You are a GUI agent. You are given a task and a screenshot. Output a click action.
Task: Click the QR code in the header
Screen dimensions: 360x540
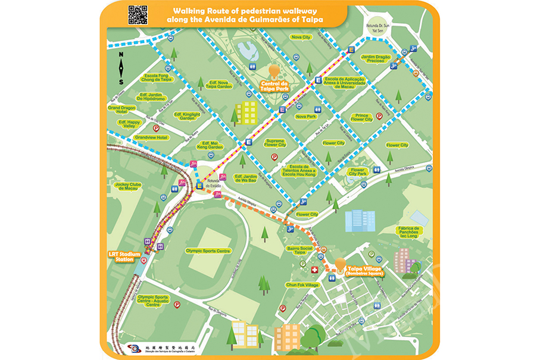coord(138,15)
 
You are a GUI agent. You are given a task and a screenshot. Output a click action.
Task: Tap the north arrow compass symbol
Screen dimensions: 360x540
coord(121,68)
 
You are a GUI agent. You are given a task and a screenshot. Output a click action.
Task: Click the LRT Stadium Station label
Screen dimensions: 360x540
coord(125,257)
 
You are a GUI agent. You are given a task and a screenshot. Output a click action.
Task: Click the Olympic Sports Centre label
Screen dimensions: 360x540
coord(207,251)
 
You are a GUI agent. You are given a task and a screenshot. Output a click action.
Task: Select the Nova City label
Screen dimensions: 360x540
coord(301,37)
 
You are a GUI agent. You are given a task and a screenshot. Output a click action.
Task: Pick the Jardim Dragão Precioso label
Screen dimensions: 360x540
coord(376,59)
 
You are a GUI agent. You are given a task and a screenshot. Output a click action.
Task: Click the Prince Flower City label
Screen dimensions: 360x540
coord(361,117)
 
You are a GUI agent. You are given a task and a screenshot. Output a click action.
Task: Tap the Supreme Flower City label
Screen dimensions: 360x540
coord(275,143)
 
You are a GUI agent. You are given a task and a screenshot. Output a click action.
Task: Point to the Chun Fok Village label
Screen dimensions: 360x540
coord(302,285)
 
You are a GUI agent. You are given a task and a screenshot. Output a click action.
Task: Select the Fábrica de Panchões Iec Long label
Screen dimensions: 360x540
coord(408,231)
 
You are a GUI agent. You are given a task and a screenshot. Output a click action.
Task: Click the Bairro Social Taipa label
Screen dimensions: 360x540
coord(300,250)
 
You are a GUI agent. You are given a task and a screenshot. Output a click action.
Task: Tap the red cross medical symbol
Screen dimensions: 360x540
coord(314,270)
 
